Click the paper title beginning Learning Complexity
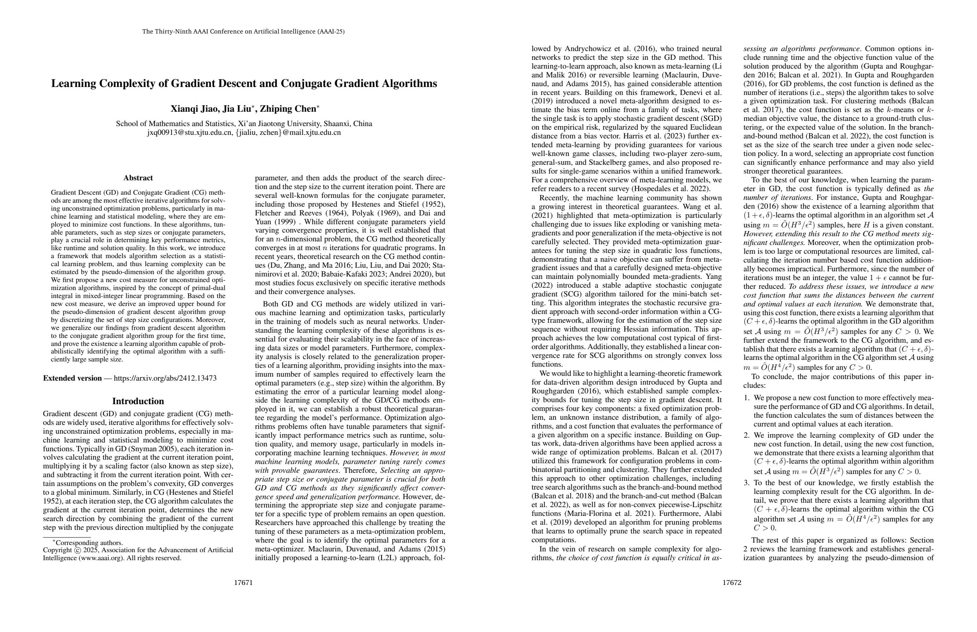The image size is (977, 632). pyautogui.click(x=244, y=84)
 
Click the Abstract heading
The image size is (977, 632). pyautogui.click(x=138, y=178)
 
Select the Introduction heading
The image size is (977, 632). pyautogui.click(x=138, y=401)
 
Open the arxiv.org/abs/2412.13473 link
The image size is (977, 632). pyautogui.click(x=165, y=378)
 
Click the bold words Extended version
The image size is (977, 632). pyautogui.click(x=72, y=378)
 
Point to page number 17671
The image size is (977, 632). pyautogui.click(x=243, y=583)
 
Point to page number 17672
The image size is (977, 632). pyautogui.click(x=732, y=583)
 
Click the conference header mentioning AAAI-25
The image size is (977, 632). pyautogui.click(x=243, y=32)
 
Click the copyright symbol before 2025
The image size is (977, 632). pyautogui.click(x=75, y=550)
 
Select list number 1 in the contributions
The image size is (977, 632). pyautogui.click(x=747, y=398)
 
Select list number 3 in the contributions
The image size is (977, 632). pyautogui.click(x=747, y=483)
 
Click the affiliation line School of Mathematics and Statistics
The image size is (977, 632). pyautogui.click(x=244, y=124)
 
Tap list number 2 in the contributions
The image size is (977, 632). pyautogui.click(x=747, y=435)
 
